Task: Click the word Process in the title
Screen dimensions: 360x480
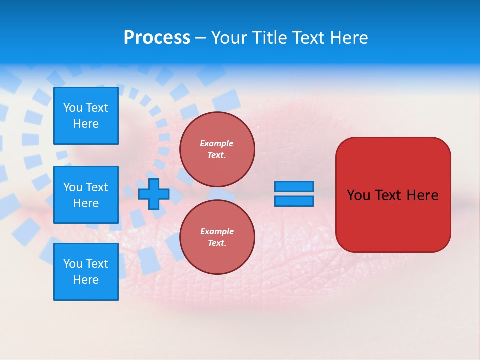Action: (157, 38)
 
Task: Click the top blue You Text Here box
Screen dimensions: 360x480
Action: (86, 116)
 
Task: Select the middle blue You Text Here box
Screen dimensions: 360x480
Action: (86, 195)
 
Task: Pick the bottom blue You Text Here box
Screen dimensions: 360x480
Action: (86, 272)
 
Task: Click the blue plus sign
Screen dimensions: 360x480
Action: (154, 194)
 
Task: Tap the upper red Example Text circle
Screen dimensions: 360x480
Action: (217, 149)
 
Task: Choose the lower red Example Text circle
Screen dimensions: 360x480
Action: (217, 237)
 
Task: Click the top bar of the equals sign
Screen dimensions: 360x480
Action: (294, 187)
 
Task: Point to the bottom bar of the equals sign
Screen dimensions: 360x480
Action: (294, 201)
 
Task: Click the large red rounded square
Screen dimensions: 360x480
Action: (393, 220)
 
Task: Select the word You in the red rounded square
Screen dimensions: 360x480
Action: (358, 195)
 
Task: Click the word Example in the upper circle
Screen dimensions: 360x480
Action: (217, 143)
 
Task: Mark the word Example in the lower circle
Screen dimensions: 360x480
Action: (217, 231)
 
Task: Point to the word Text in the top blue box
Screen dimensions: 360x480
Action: (97, 108)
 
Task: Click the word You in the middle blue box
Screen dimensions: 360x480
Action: (73, 187)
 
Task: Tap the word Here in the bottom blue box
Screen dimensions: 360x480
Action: (86, 280)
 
